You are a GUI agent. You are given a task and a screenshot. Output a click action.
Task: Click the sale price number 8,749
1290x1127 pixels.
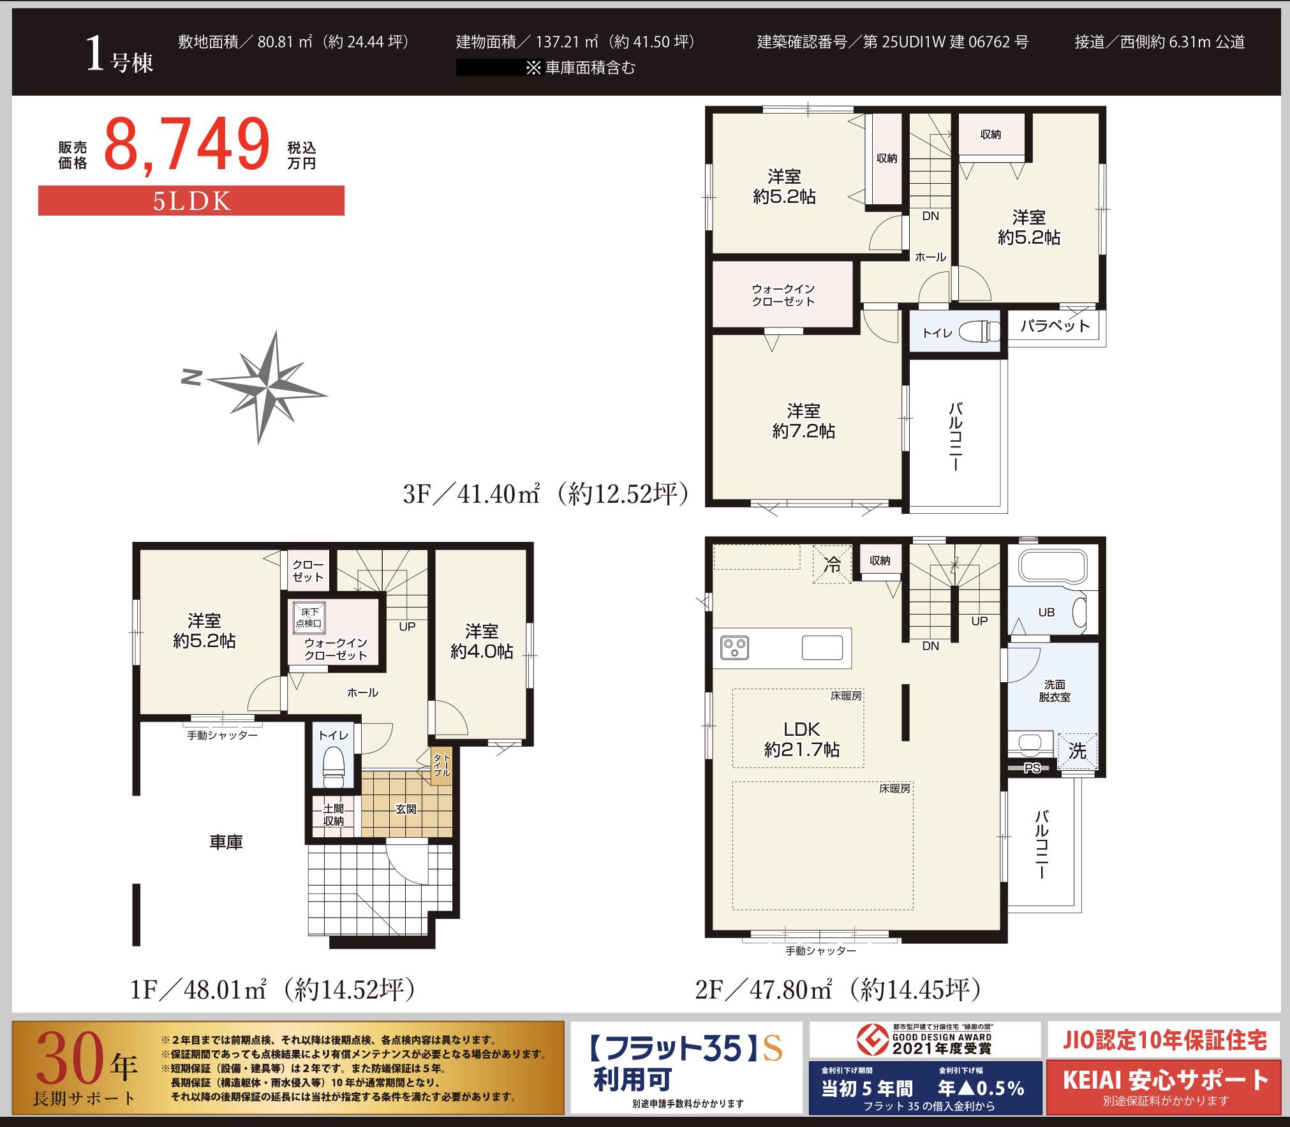pos(187,144)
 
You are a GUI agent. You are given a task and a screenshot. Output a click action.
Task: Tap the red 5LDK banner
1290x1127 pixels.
pos(191,200)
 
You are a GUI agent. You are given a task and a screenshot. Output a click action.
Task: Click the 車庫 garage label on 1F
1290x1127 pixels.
pos(226,842)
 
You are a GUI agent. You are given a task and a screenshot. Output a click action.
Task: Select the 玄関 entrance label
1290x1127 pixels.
pos(406,809)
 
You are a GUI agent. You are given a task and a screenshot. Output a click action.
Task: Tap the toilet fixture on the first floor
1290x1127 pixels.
pos(334,766)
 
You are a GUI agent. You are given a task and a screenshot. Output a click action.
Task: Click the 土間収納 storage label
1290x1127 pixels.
pos(334,815)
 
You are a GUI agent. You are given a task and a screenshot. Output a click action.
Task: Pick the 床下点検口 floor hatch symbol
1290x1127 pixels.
pos(309,617)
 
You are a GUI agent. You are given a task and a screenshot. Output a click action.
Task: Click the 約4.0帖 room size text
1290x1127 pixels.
pos(482,651)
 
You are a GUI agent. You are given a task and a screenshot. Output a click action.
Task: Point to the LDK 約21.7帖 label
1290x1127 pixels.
pos(802,738)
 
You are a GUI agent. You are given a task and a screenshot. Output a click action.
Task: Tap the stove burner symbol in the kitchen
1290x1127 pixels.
pos(734,648)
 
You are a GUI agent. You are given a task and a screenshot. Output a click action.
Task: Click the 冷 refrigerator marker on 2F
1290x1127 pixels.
pos(832,564)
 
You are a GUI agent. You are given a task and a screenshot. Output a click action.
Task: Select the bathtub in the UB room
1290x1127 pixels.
pos(1052,567)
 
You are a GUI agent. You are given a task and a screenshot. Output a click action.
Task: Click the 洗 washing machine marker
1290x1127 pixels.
pos(1078,750)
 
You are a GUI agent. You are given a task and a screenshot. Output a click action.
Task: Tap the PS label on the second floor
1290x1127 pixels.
pos(1032,768)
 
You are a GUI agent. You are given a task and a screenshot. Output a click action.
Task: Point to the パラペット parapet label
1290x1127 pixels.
pos(1055,326)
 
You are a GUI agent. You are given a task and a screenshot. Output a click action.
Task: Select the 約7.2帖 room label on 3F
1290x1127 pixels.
pos(804,431)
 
